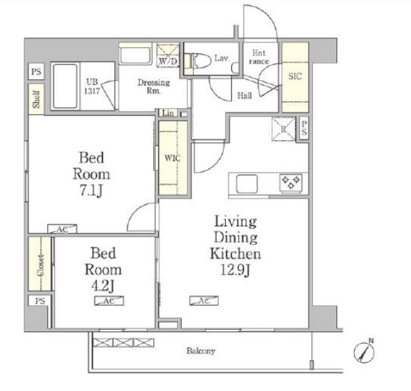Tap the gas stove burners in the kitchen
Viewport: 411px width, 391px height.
[291, 182]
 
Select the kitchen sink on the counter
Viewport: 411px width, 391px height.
[247, 184]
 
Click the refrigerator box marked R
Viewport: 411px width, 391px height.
[283, 129]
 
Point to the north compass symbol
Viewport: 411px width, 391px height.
[364, 352]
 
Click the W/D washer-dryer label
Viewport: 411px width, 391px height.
[168, 61]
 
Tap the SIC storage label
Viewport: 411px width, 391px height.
[295, 76]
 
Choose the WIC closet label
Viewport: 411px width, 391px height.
[172, 158]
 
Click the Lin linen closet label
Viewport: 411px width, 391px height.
[168, 113]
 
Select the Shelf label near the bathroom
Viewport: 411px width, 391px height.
[36, 99]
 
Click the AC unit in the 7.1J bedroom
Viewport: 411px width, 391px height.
[62, 229]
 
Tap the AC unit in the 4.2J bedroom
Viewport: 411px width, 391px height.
[109, 301]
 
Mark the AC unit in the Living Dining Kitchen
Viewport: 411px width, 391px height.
[204, 300]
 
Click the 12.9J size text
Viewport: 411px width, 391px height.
[235, 270]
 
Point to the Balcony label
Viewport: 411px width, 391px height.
[201, 350]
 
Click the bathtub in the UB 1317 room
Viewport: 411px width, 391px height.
[65, 87]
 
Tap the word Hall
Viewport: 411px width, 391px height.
[245, 96]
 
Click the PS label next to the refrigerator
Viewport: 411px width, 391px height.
[304, 128]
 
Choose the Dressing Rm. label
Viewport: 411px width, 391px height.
[154, 87]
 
